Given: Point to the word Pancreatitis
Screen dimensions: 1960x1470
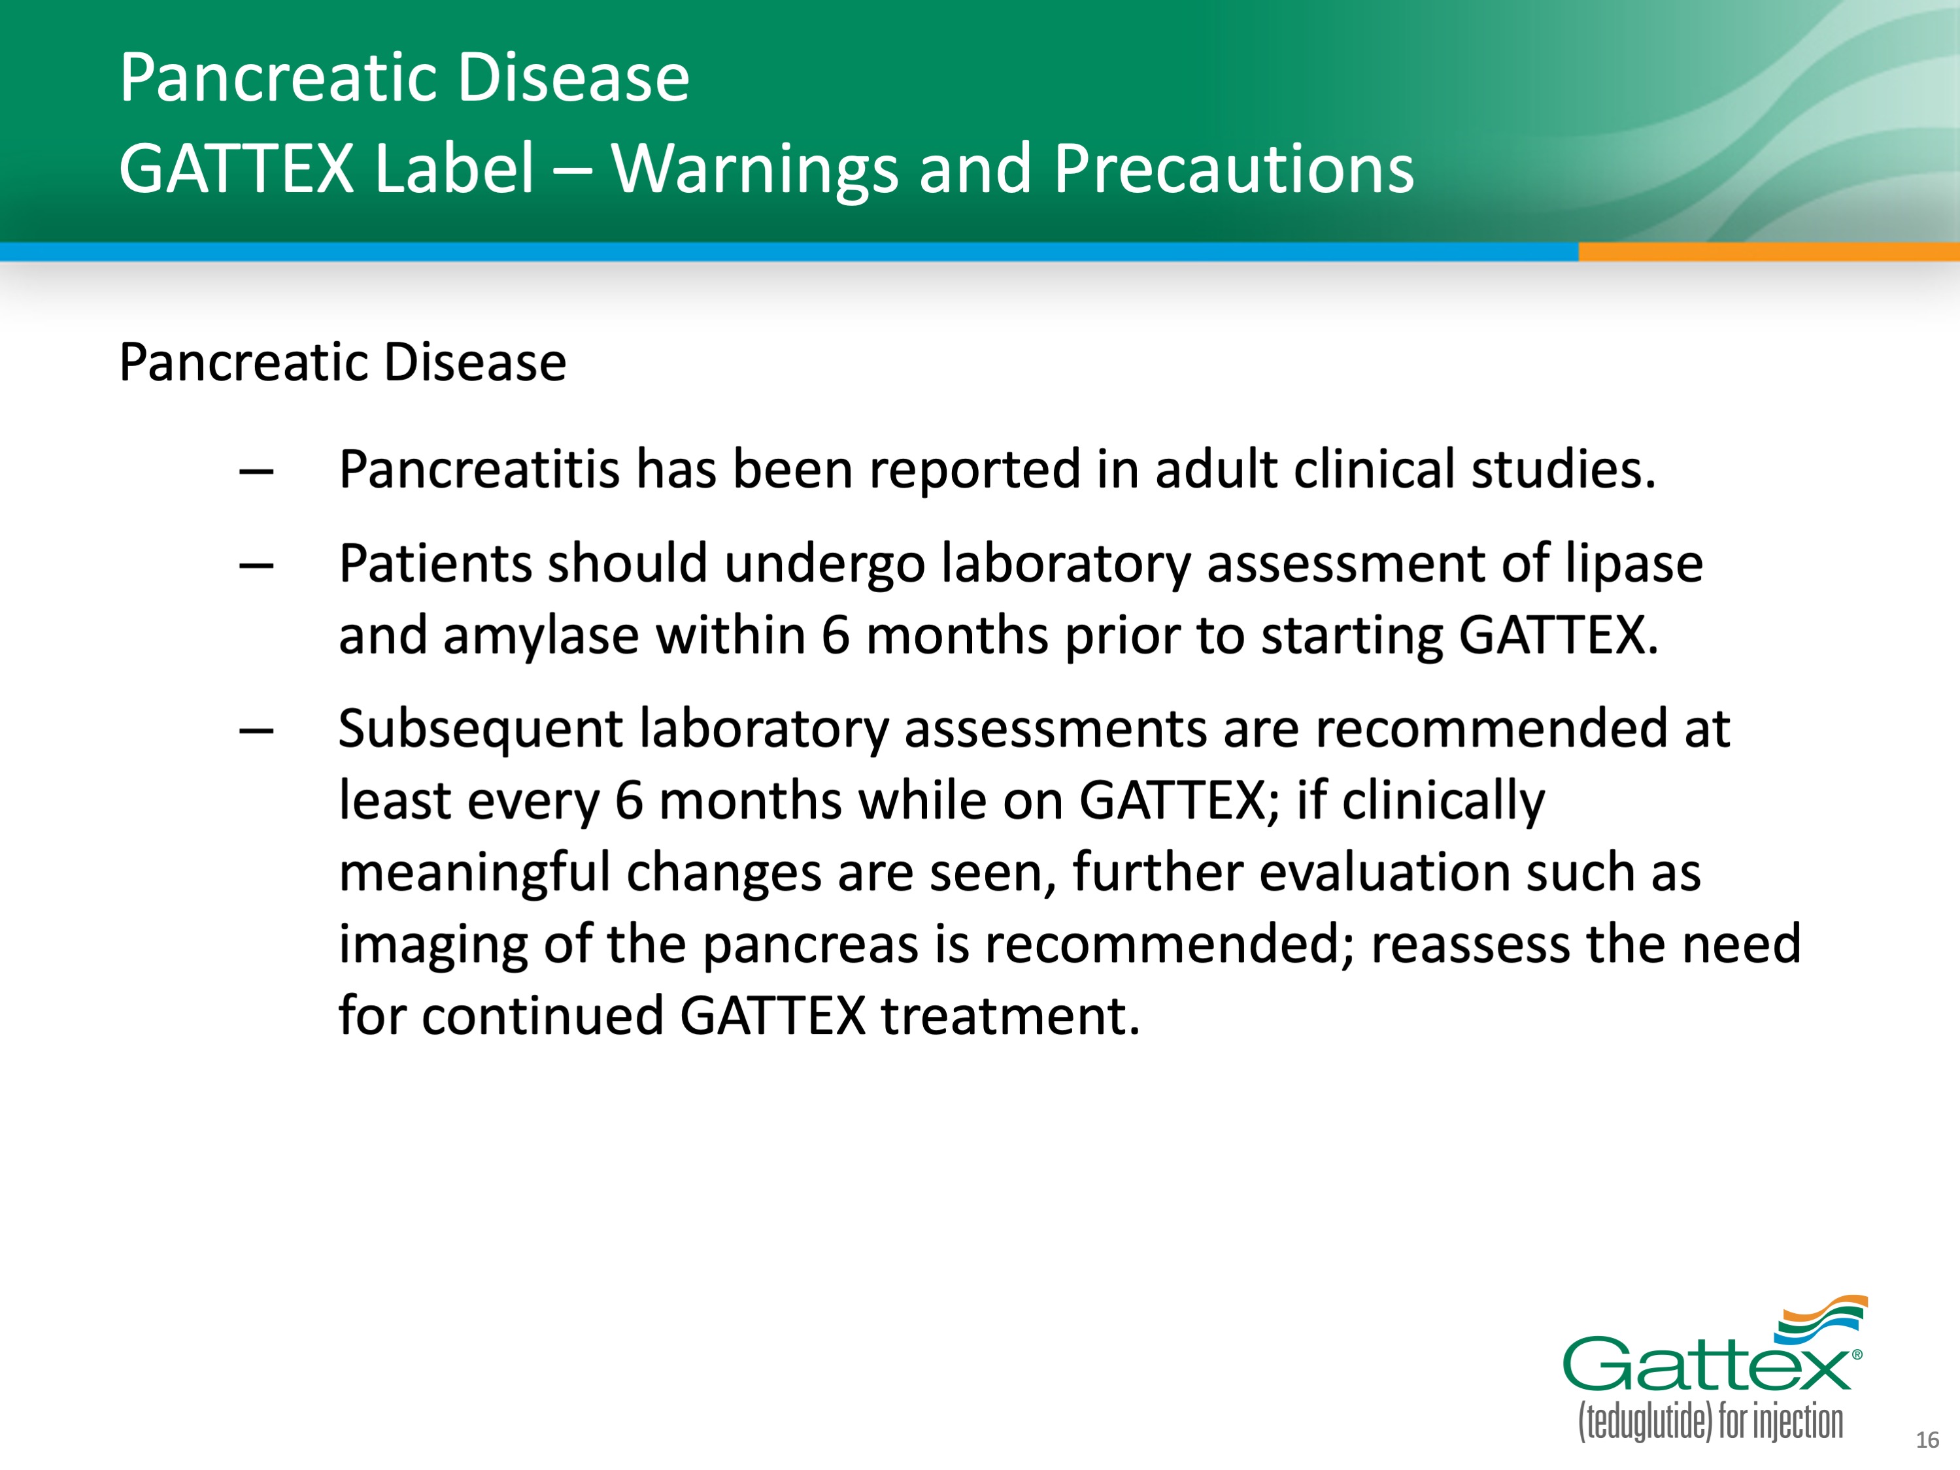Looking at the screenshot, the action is [479, 469].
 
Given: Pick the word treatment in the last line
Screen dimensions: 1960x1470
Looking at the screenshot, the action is [1009, 1016].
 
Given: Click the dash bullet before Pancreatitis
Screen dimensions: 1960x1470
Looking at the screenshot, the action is [256, 473].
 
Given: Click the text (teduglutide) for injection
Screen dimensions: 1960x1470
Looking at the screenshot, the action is [1710, 1422].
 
